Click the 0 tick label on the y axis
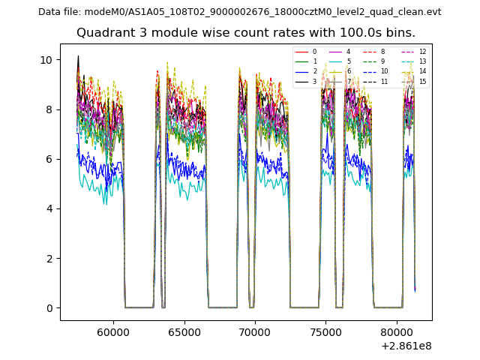point(49,308)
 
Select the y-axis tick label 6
point(49,159)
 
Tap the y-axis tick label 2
point(49,259)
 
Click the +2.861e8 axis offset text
point(406,346)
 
